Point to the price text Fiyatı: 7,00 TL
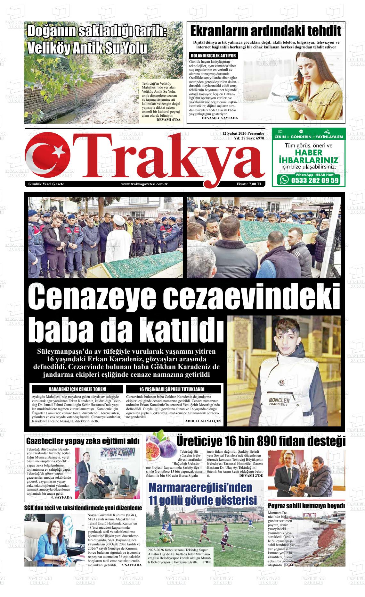click(x=249, y=184)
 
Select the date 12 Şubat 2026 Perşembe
click(x=243, y=133)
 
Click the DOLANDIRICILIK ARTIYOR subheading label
click(x=213, y=56)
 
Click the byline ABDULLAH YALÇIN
click(x=203, y=421)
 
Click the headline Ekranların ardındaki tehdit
click(x=265, y=32)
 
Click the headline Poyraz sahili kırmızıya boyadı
click(x=306, y=506)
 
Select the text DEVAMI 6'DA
click(x=168, y=120)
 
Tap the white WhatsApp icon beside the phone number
click(x=284, y=180)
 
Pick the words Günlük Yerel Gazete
click(x=46, y=184)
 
